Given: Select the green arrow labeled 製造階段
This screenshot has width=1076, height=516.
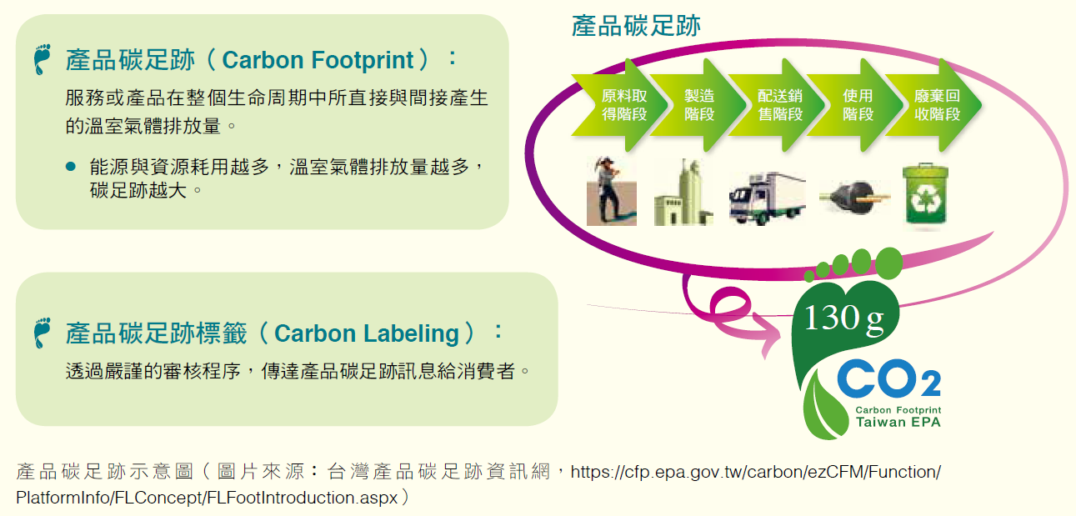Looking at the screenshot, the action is [x=699, y=105].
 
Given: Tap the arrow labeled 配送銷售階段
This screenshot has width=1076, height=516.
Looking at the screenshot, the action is [x=778, y=105].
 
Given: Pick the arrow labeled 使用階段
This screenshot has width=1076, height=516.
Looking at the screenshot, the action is [x=857, y=105].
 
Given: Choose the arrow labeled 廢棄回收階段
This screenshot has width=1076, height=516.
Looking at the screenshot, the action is [x=936, y=105].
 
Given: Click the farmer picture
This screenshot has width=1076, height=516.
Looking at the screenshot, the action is [x=611, y=191].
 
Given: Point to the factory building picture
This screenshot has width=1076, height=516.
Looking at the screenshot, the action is [x=683, y=193].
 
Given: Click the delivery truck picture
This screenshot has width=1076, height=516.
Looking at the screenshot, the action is [x=767, y=198].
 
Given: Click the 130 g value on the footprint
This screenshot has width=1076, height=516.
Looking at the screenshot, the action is [x=844, y=318].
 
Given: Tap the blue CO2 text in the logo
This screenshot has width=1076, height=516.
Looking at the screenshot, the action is [x=889, y=378].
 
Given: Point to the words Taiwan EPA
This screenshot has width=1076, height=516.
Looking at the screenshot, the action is [x=898, y=423].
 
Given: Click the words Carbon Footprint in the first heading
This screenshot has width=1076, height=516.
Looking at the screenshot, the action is [x=318, y=61].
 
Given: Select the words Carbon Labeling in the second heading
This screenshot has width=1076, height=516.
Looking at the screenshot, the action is [x=367, y=333].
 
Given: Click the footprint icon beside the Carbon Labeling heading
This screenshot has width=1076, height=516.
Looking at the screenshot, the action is [x=43, y=333].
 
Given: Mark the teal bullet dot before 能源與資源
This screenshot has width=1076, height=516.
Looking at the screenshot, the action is [x=71, y=166].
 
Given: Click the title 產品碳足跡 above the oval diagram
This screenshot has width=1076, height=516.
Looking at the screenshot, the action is [x=636, y=26].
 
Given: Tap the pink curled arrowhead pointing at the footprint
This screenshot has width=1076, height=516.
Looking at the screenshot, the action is [x=768, y=335].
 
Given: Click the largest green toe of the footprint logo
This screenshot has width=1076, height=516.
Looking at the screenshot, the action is [x=889, y=263].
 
